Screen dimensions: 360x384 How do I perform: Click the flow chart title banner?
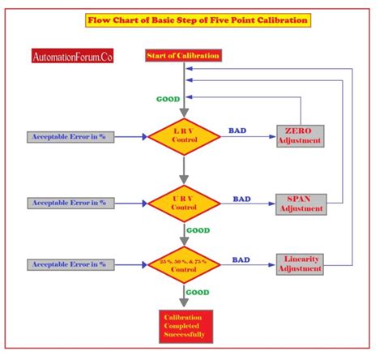pyautogui.click(x=198, y=19)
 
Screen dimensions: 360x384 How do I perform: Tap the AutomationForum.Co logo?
pyautogui.click(x=73, y=57)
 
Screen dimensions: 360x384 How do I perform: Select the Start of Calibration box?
pyautogui.click(x=182, y=55)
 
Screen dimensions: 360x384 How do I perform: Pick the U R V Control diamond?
pyautogui.click(x=184, y=202)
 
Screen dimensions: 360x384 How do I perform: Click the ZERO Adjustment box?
pyautogui.click(x=300, y=135)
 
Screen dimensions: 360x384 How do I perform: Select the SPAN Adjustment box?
pyautogui.click(x=301, y=203)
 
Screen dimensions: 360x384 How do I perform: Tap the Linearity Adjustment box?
pyautogui.click(x=300, y=263)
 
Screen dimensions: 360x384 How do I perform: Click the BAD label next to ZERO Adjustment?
pyautogui.click(x=237, y=130)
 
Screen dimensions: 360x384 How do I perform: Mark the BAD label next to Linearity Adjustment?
pyautogui.click(x=241, y=259)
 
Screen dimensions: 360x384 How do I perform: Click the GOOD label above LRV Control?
pyautogui.click(x=168, y=99)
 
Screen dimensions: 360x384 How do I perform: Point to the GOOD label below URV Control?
pyautogui.click(x=198, y=230)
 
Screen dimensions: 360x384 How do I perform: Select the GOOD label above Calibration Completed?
pyautogui.click(x=198, y=294)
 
